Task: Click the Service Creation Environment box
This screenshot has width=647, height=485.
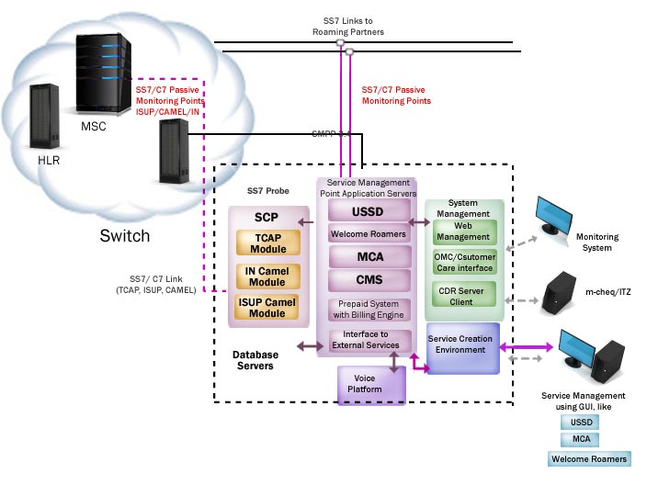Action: (461, 345)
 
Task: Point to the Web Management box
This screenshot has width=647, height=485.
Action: (464, 231)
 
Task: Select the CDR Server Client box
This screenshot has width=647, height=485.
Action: (464, 295)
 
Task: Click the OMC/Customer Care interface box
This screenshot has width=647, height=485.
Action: (464, 262)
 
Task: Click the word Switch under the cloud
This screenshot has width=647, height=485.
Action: (125, 236)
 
